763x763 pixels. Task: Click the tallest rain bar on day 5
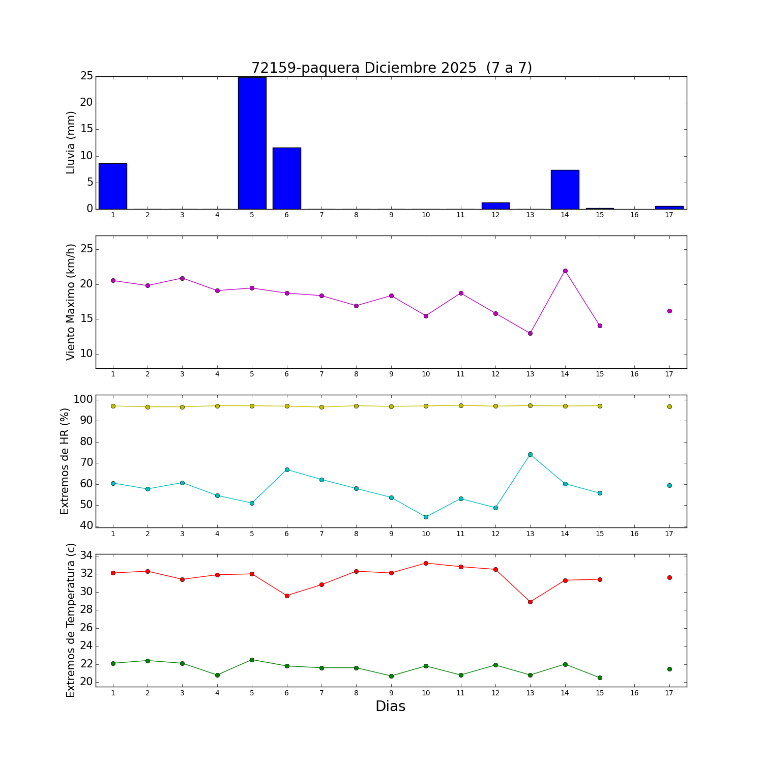(x=252, y=143)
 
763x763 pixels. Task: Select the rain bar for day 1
(x=113, y=186)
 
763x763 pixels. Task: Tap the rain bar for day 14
(x=565, y=190)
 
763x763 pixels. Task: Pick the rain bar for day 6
(x=287, y=179)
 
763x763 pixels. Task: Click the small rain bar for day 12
(x=495, y=206)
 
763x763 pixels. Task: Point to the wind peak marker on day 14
(x=565, y=271)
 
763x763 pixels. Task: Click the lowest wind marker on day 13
(x=530, y=333)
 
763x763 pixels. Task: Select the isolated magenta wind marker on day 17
(x=669, y=311)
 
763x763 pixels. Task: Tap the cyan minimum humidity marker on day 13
(x=530, y=454)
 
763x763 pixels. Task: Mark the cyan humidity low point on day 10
(x=426, y=517)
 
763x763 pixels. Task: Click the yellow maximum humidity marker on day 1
(x=113, y=406)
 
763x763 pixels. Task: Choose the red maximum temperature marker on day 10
(x=426, y=563)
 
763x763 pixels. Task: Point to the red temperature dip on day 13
(x=530, y=602)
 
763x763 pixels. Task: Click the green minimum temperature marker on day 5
(x=252, y=660)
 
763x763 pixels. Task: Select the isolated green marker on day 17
(x=669, y=669)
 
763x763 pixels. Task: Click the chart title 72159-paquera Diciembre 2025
(x=392, y=68)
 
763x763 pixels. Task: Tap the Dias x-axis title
(x=390, y=707)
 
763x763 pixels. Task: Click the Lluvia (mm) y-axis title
(x=71, y=142)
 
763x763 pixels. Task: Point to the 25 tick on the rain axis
(x=86, y=76)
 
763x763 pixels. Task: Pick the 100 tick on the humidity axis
(x=82, y=400)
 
